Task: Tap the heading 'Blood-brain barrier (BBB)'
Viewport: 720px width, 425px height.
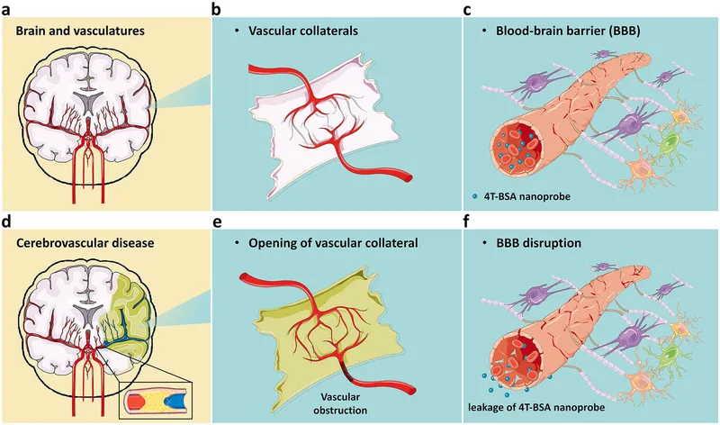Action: pos(567,30)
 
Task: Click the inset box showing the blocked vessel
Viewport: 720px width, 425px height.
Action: pos(157,399)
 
